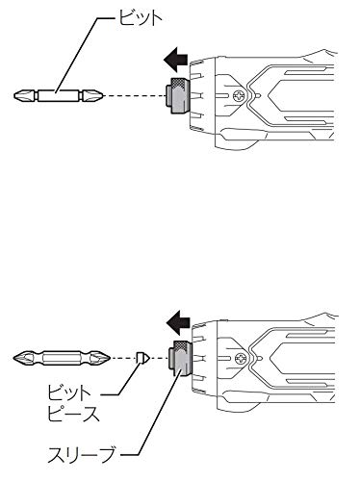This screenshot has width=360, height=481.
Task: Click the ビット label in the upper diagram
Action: [141, 17]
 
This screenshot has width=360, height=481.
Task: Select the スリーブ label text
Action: [81, 454]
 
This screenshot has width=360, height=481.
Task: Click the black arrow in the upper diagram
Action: [175, 60]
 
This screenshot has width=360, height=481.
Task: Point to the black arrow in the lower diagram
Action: [178, 322]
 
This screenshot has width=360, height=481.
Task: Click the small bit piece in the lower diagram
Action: [142, 358]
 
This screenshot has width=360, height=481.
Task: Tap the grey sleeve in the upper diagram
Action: [177, 95]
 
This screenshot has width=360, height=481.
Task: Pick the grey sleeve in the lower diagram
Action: [180, 358]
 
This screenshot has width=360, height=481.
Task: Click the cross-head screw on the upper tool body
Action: [239, 95]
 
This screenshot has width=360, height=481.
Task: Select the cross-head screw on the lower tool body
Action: [241, 358]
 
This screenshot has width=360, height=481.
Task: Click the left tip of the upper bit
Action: [14, 95]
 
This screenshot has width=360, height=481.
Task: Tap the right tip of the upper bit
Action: [102, 95]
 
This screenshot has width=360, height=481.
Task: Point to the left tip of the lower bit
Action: [14, 358]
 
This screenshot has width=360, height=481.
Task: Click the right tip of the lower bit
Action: [110, 358]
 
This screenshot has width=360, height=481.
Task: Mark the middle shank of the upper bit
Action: [59, 95]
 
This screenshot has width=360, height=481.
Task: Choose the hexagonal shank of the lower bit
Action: [62, 358]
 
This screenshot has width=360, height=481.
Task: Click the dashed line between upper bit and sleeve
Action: [134, 95]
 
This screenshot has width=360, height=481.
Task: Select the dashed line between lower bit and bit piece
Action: [123, 358]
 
